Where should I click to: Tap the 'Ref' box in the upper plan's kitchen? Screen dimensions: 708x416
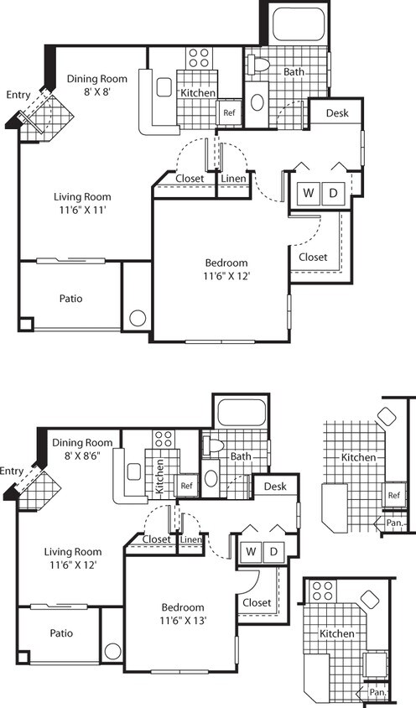pos(229,112)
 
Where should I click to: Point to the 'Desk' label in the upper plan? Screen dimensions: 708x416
pos(337,113)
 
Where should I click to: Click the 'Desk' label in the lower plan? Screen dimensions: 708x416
pos(275,487)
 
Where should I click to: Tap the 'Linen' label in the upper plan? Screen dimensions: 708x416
pos(232,178)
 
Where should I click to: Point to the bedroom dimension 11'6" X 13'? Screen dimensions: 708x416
pos(184,622)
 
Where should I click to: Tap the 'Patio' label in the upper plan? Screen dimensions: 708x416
pos(70,298)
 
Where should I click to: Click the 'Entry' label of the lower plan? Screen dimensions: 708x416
pos(13,470)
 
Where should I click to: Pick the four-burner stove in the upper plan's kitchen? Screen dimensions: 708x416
pos(199,57)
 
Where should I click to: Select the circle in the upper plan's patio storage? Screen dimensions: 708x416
pos(138,318)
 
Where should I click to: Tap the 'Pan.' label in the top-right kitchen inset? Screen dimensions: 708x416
pos(394,523)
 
